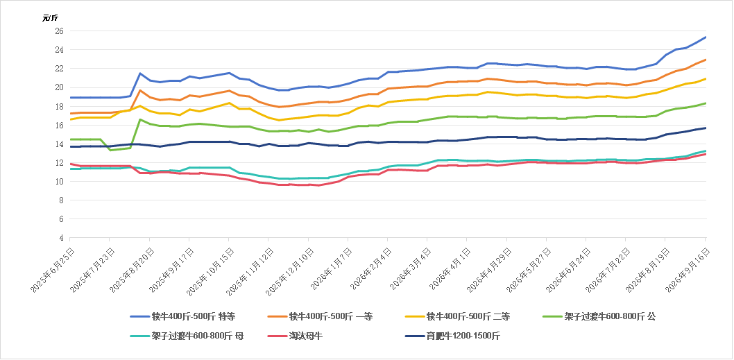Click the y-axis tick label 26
click(60, 31)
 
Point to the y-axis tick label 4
click(62, 238)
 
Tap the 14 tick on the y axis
click(60, 144)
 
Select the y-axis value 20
click(60, 87)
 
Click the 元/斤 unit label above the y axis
click(50, 18)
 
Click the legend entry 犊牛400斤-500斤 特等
click(182, 317)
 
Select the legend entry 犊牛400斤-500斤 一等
click(321, 317)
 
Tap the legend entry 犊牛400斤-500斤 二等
click(457, 317)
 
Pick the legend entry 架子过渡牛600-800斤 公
click(599, 317)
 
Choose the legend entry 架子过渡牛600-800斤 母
click(187, 336)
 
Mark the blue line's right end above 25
click(706, 37)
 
